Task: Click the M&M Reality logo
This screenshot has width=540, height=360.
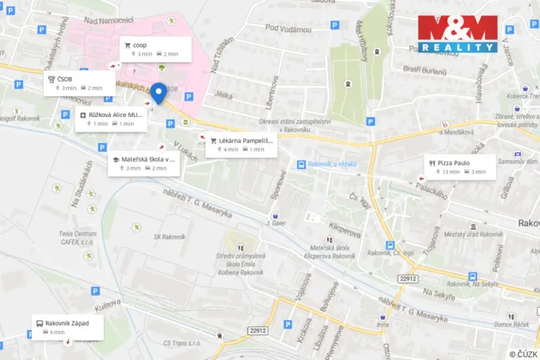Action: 458,34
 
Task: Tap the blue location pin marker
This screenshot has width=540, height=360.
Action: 159,94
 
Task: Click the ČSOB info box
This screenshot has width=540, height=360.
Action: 78,83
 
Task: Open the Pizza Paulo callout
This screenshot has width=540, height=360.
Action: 459,167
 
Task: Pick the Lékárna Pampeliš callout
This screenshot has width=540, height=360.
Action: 241,145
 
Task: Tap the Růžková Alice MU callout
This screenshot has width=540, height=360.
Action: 111,118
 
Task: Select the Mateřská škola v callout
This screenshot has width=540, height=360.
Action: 143,163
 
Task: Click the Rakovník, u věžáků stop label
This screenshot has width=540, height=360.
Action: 331,163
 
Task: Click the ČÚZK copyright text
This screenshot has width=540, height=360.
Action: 522,353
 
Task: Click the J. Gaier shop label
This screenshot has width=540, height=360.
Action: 275,223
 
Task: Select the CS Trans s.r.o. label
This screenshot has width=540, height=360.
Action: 182,342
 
